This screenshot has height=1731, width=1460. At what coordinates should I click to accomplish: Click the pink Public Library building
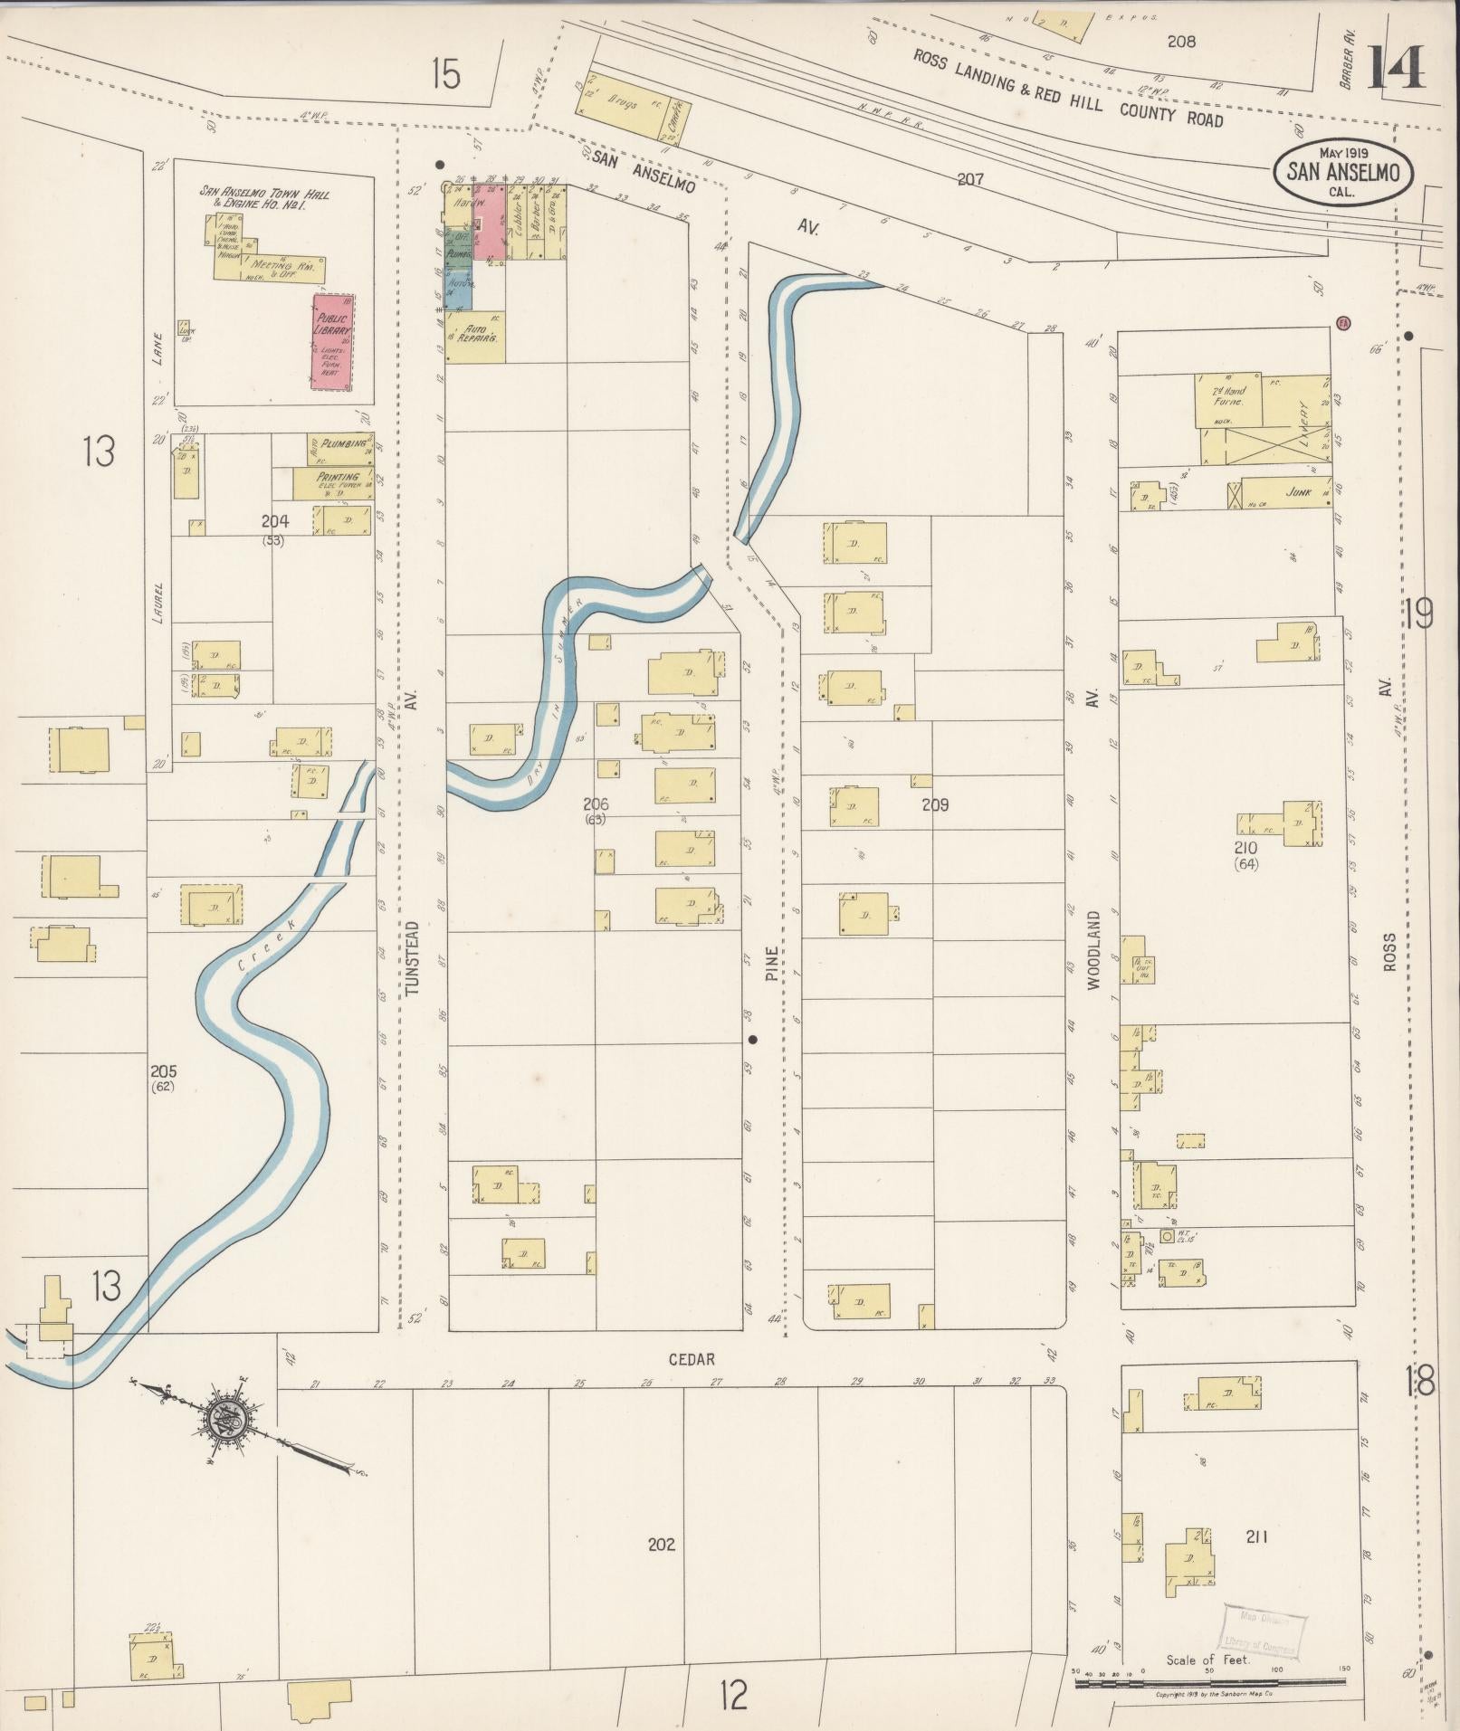[x=332, y=342]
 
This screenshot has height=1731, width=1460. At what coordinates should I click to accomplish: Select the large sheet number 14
[x=1395, y=67]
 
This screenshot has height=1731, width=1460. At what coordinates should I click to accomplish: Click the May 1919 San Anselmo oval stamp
[x=1343, y=171]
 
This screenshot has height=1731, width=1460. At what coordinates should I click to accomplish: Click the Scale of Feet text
[x=1207, y=1660]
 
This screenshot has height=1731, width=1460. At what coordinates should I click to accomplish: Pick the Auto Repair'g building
[x=475, y=338]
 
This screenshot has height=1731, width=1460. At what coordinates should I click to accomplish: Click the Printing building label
[x=337, y=478]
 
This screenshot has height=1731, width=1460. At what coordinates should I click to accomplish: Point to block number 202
[x=662, y=1545]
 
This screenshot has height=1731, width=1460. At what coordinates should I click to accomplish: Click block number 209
[x=935, y=804]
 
